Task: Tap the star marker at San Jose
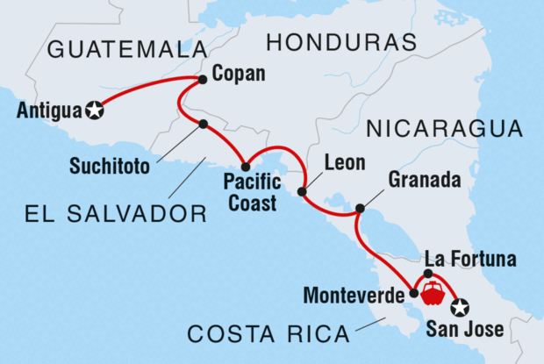click(459, 307)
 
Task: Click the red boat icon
click(432, 293)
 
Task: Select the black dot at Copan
click(202, 80)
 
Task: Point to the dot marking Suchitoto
click(204, 124)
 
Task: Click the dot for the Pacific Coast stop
click(246, 167)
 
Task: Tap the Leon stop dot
click(302, 190)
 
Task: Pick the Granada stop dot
click(360, 209)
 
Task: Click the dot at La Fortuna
click(428, 274)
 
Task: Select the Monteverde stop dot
click(413, 293)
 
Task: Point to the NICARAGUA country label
click(445, 129)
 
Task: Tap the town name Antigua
click(47, 111)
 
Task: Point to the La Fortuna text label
click(469, 259)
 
